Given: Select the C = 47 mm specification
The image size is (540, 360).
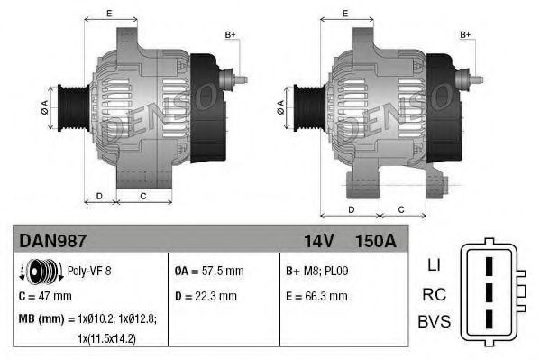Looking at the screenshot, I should point(45,295).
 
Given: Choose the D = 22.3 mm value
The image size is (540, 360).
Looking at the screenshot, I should point(206,295).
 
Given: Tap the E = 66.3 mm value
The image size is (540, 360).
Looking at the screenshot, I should point(316,295).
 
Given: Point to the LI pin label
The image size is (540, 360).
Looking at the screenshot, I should point(434,265).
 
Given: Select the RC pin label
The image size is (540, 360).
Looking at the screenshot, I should point(433,293).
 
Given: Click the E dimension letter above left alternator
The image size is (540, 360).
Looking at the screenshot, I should point(109,13).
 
